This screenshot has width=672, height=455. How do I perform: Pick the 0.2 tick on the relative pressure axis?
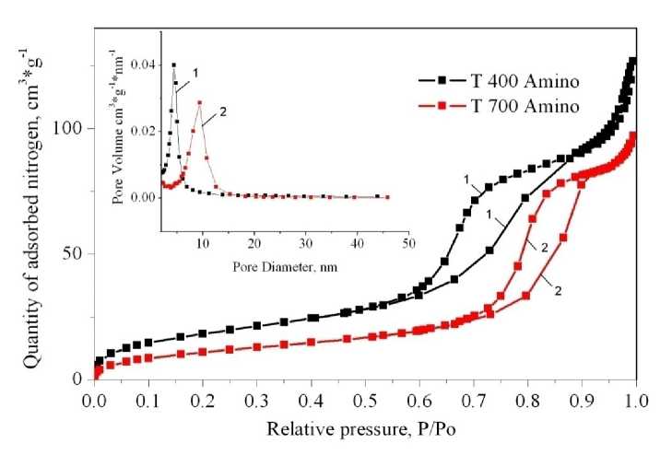[202, 402]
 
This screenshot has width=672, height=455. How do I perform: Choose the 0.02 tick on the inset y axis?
[144, 131]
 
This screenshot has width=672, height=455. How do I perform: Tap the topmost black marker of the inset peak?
[173, 65]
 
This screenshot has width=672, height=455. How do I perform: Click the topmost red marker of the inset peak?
[199, 103]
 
